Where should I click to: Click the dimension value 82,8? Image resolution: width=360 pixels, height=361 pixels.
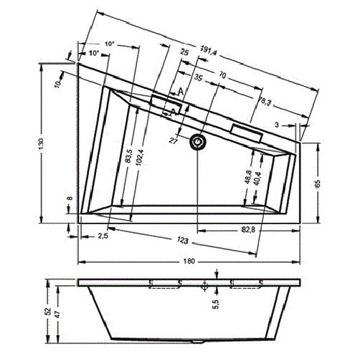[249, 228]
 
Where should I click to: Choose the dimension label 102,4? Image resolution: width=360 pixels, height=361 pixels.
[141, 155]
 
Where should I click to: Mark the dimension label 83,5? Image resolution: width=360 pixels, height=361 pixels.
[128, 155]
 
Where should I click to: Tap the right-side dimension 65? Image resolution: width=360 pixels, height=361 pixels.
[317, 184]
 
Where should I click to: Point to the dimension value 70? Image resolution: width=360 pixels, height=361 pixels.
[222, 75]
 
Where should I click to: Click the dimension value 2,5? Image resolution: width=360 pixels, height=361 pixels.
[102, 236]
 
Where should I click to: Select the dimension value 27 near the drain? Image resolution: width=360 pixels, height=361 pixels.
[174, 140]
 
